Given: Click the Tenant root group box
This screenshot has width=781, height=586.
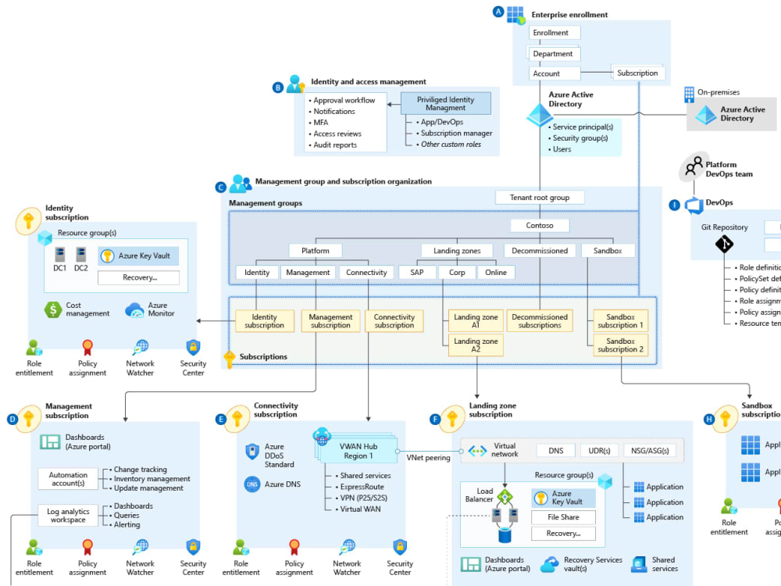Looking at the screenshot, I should tap(540, 198).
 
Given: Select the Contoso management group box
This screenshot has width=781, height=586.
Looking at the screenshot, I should tap(540, 226).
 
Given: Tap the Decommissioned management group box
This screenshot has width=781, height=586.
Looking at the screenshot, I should tap(540, 251).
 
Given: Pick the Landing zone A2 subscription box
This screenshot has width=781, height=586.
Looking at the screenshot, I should tap(476, 345).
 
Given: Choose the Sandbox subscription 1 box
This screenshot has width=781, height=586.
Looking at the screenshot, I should tap(620, 321).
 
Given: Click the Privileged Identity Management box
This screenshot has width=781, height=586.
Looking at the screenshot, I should tap(446, 104).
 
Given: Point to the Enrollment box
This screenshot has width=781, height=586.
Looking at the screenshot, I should tap(555, 33).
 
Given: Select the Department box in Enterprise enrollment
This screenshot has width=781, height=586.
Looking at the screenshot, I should tap(555, 54).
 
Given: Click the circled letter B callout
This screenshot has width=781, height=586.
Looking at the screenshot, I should tap(277, 88).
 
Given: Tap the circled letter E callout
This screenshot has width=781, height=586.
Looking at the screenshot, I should tap(220, 420).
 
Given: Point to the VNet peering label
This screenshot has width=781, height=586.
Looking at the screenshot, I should tap(428, 458).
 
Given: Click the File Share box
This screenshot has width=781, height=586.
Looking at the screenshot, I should tap(563, 517).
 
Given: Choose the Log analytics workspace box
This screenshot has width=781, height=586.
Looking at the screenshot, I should tap(69, 516).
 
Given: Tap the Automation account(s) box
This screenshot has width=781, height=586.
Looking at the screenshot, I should tap(69, 479).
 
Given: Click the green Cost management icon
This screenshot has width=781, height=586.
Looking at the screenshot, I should tap(53, 309).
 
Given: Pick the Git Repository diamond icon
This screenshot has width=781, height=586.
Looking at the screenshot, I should tap(724, 245).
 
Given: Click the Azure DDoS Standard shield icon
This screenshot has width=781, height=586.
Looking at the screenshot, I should tap(251, 451).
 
